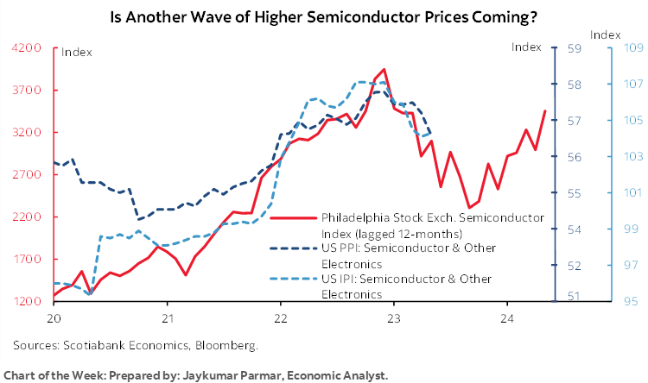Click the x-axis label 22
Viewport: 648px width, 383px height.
[x=281, y=317]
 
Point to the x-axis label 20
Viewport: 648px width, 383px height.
[x=54, y=317]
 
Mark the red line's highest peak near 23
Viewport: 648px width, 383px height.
[x=384, y=69]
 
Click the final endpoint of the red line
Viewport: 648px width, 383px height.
[x=543, y=110]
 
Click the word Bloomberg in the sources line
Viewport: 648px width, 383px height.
[x=227, y=345]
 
